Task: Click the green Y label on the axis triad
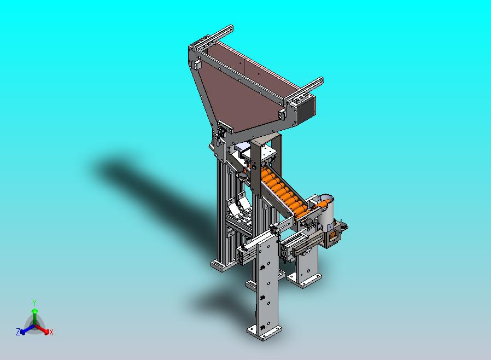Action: [34, 303]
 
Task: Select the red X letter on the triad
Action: [51, 332]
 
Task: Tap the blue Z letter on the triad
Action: [18, 332]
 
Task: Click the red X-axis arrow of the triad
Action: [42, 329]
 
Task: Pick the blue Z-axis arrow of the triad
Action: [27, 329]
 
